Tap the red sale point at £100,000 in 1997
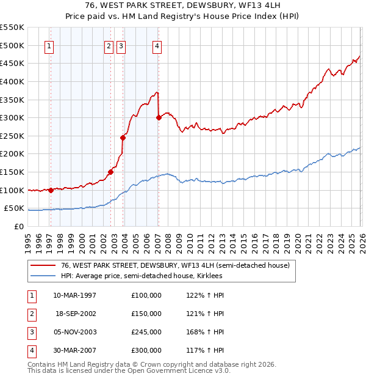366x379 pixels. point(51,190)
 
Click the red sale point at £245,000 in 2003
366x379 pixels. point(123,138)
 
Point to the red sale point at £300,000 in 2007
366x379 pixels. point(159,117)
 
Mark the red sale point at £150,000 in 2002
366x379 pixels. point(110,172)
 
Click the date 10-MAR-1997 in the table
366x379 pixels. point(75,295)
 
